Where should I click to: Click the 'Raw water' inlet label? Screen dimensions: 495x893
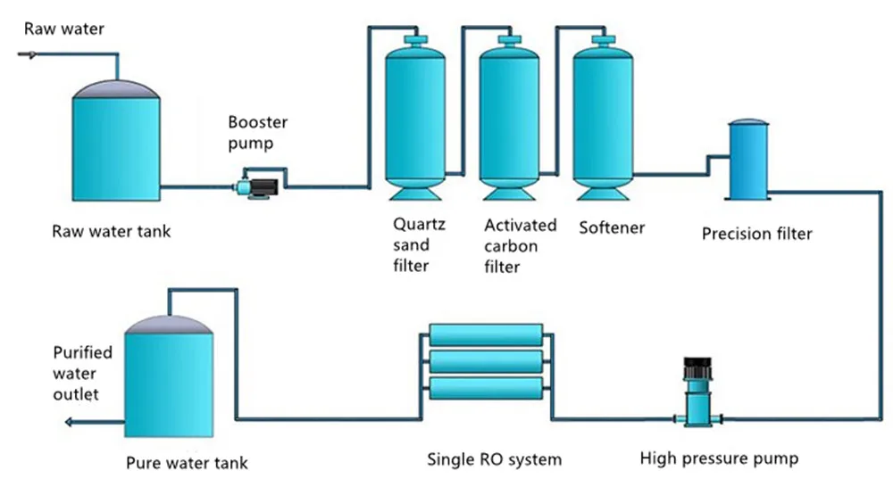click(63, 29)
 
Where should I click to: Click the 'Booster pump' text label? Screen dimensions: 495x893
click(257, 133)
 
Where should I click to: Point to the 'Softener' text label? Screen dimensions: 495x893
click(612, 227)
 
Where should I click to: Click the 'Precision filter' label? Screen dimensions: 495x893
click(756, 234)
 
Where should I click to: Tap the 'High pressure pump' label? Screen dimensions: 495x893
click(719, 459)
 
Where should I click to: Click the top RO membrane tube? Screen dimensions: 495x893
click(486, 335)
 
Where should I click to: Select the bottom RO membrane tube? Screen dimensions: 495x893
click(486, 388)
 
